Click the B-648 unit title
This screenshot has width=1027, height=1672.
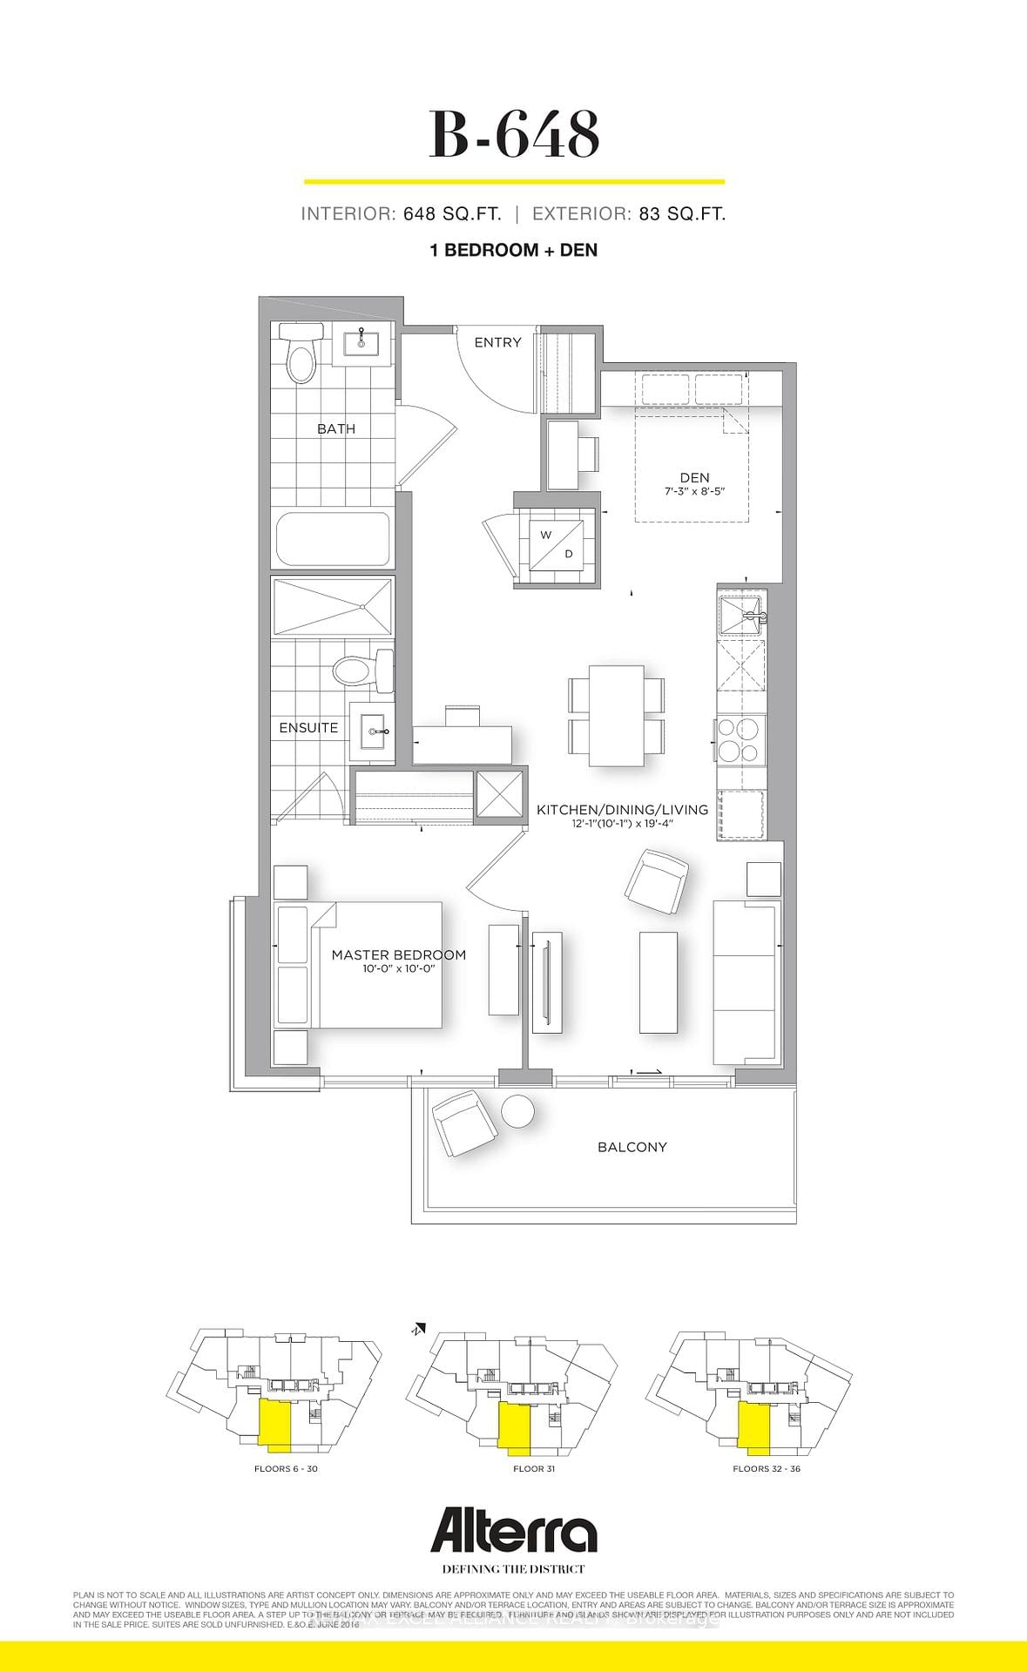(514, 135)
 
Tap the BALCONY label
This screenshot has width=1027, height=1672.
(632, 1147)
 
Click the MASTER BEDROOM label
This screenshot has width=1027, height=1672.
(398, 954)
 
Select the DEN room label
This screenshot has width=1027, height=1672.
(694, 477)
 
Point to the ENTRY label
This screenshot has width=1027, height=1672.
(497, 342)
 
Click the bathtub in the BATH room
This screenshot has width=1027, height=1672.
(333, 539)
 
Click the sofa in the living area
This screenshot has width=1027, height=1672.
(745, 982)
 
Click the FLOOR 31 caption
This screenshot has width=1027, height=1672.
(534, 1468)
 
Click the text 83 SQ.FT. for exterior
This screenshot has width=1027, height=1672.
(681, 213)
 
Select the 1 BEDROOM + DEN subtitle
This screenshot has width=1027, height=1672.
(514, 250)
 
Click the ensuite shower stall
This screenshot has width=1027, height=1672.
(332, 605)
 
